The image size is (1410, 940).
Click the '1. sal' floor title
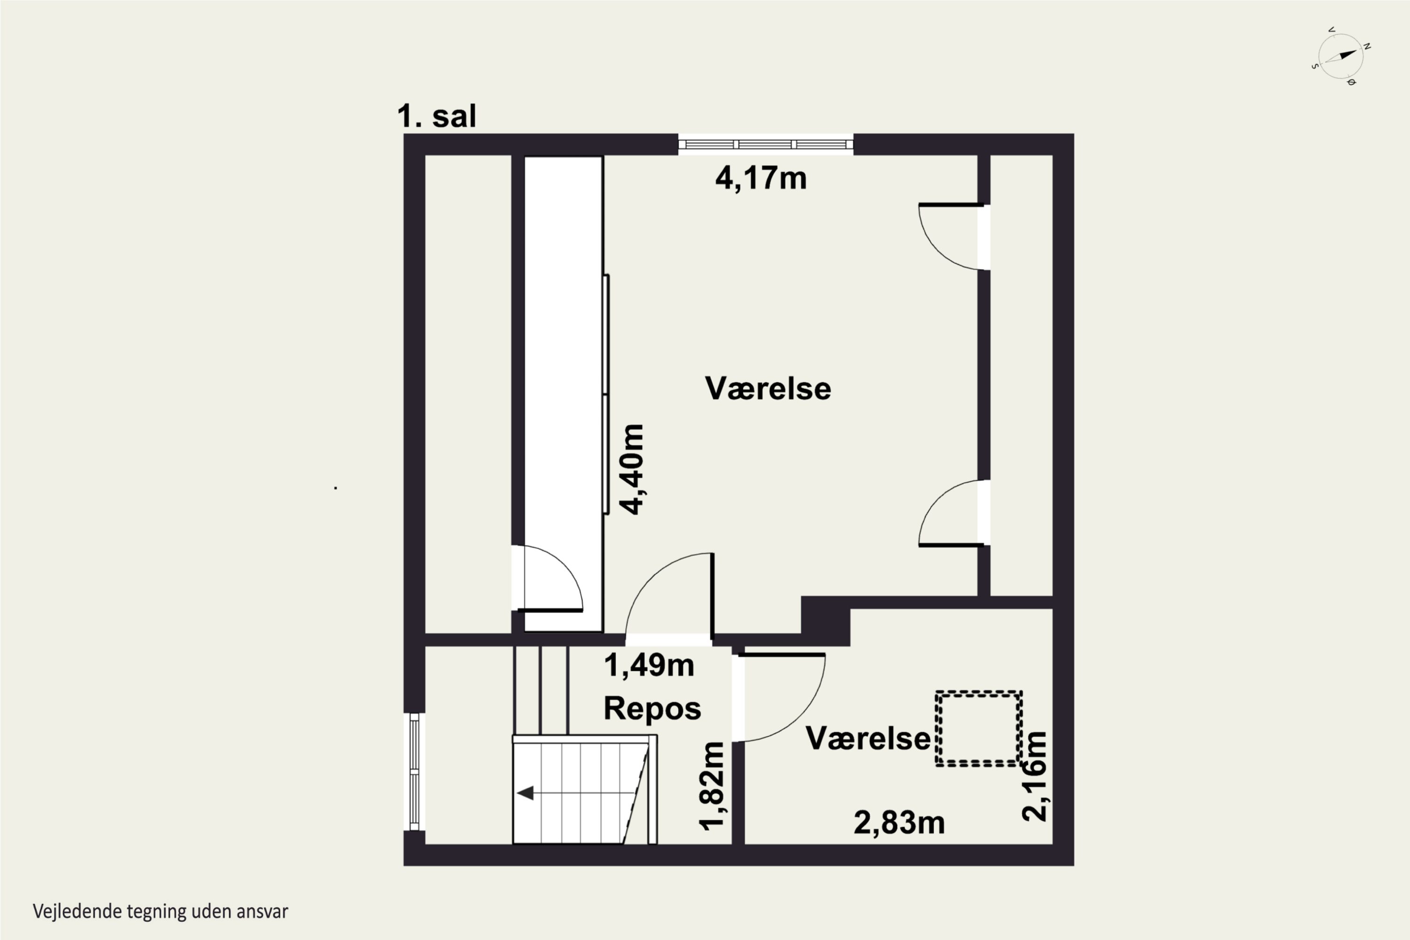click(437, 116)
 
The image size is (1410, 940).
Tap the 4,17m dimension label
click(761, 178)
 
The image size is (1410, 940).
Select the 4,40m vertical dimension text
click(632, 470)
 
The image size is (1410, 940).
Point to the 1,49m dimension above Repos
click(649, 666)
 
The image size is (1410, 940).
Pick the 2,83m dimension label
click(899, 822)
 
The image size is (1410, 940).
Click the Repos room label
click(652, 709)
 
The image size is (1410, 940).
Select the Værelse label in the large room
click(768, 389)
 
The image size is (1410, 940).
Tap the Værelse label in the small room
click(868, 738)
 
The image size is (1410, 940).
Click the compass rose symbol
click(1341, 56)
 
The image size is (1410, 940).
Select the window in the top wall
click(766, 144)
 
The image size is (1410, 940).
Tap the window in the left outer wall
click(414, 772)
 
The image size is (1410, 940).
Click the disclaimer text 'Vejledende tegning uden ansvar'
click(161, 912)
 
